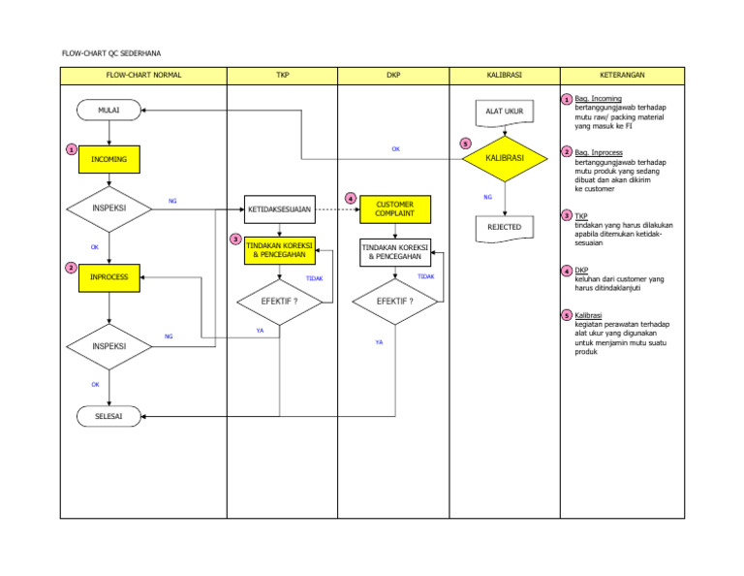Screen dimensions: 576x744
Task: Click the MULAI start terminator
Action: pos(109,111)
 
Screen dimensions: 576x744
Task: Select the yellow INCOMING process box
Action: pos(109,158)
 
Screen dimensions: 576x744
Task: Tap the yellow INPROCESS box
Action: pos(109,277)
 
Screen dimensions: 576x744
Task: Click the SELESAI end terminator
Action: pos(109,417)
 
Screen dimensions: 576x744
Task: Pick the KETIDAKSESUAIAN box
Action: pos(279,208)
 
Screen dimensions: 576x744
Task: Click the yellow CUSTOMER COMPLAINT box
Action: pos(394,208)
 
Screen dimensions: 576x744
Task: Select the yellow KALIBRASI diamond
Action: pos(505,157)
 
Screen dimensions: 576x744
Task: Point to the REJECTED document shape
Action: pos(505,228)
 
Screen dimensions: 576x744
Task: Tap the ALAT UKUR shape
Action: pos(505,112)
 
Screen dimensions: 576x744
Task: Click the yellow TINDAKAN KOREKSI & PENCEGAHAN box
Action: pos(279,250)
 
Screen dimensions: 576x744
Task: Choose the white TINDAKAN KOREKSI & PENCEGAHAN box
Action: pos(394,252)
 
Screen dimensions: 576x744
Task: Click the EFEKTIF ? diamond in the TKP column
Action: pos(279,301)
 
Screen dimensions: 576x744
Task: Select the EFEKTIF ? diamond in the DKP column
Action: pos(394,301)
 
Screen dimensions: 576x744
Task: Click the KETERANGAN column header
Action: pos(622,75)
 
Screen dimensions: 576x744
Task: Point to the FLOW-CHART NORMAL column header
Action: pos(143,75)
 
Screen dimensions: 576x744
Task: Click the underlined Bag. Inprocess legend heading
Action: pos(598,152)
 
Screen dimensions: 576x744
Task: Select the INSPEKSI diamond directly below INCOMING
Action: pos(109,208)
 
